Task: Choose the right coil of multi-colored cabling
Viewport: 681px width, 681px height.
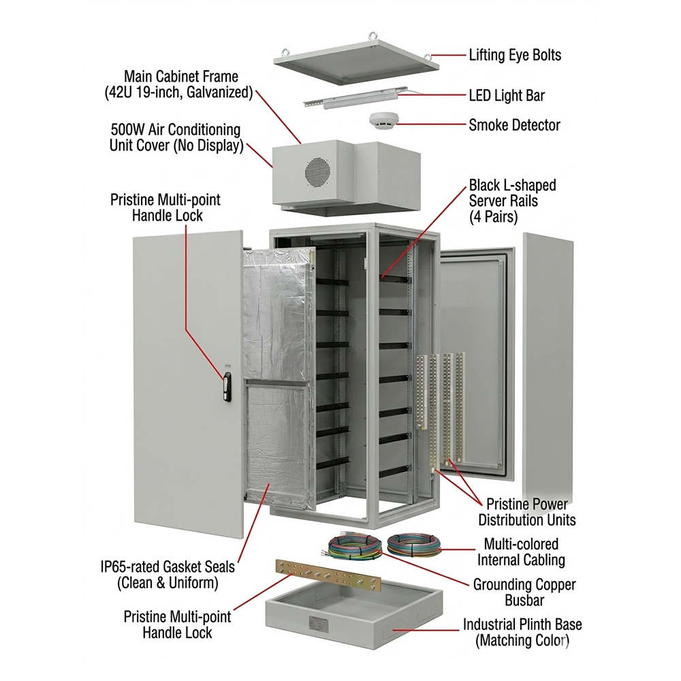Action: (x=414, y=545)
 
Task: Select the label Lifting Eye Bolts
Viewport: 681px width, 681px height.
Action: (x=515, y=55)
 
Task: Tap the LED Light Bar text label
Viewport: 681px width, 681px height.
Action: (x=507, y=95)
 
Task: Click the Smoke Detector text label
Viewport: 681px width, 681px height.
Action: (x=514, y=125)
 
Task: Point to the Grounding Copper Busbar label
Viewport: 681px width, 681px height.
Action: (x=524, y=592)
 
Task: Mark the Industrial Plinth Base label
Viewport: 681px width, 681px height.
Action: (x=522, y=632)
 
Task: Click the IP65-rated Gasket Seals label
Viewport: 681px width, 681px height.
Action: (x=167, y=575)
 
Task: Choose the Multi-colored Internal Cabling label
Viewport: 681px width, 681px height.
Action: (x=520, y=552)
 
